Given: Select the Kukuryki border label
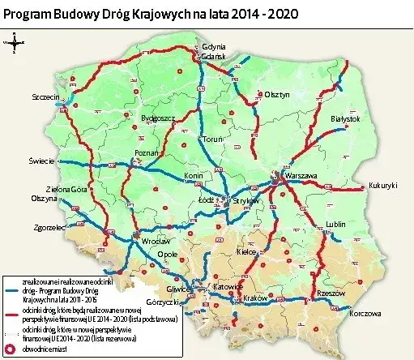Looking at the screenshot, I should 383,185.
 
